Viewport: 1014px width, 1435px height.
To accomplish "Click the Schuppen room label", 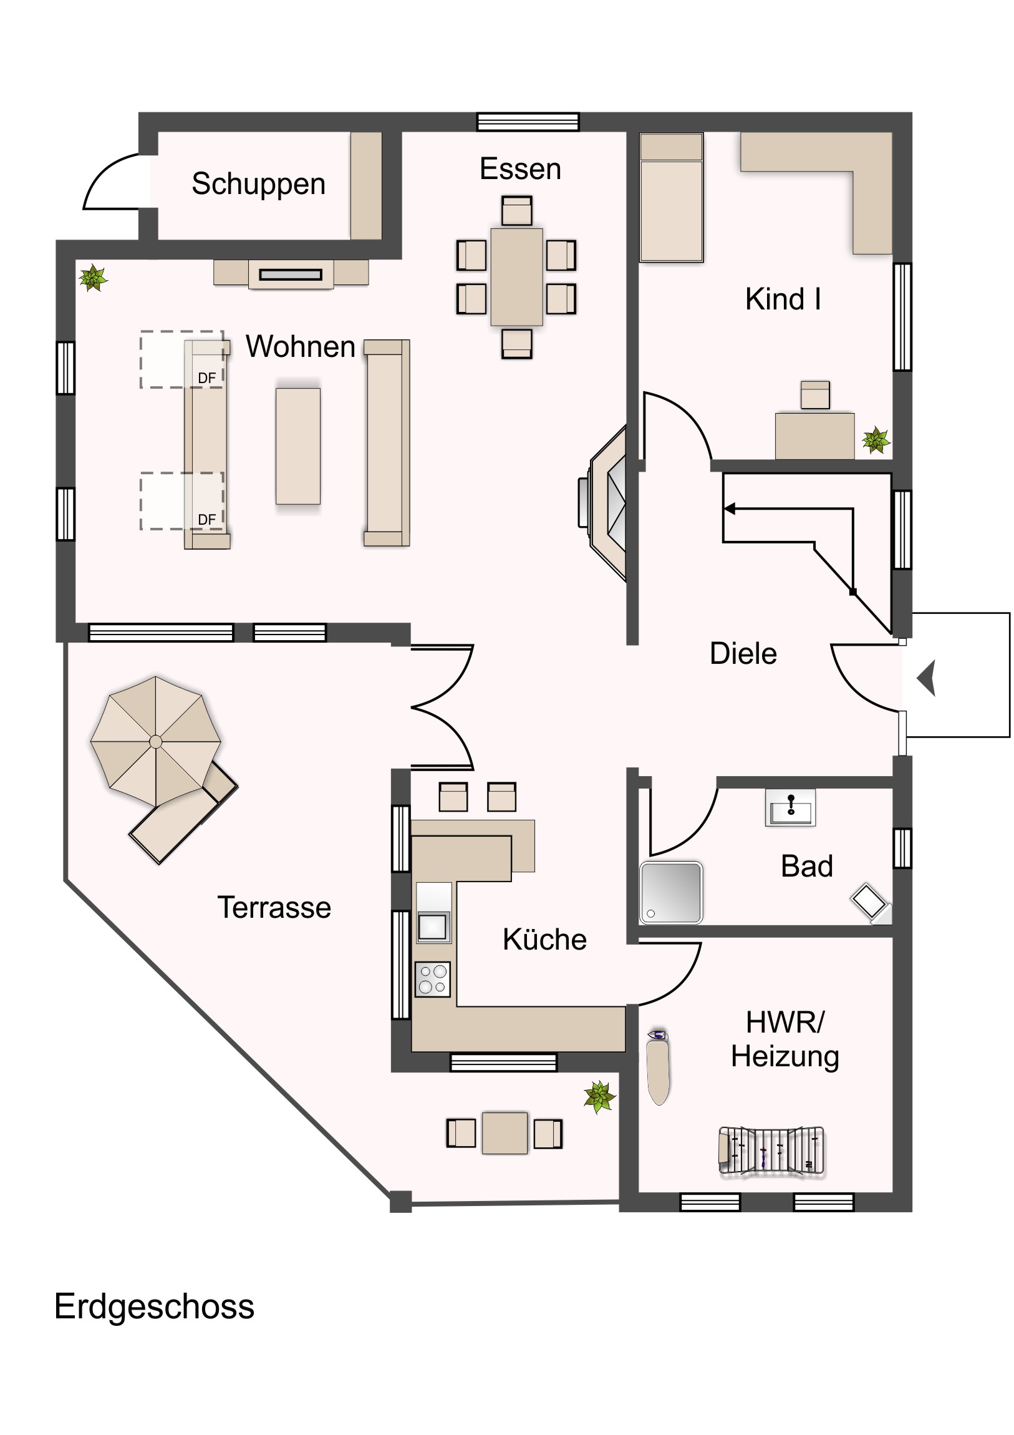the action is (259, 185).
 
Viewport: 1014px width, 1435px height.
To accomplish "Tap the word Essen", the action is (521, 168).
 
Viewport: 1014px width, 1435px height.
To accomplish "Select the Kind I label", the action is (783, 299).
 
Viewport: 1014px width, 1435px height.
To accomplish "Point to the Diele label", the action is (743, 653).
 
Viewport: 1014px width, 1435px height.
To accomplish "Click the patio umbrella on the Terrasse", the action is (155, 742).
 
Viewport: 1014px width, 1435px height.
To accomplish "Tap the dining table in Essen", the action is (517, 277).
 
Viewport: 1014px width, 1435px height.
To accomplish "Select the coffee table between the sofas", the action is (298, 446).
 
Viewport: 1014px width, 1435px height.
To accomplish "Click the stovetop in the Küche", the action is (433, 979).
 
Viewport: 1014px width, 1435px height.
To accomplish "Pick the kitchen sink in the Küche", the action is (433, 927).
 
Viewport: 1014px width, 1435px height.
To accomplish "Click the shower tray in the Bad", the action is (671, 892).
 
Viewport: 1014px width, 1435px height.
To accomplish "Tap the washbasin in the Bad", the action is (790, 807).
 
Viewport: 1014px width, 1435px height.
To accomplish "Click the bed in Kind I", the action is (672, 197).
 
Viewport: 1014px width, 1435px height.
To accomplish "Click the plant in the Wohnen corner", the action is (94, 278).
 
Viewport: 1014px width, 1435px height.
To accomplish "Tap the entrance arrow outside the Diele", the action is (927, 678).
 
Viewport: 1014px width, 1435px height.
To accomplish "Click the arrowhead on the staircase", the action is (729, 508).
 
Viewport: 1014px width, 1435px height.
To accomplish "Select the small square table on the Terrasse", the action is (505, 1133).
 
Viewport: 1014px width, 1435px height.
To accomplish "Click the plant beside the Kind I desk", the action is (876, 440).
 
